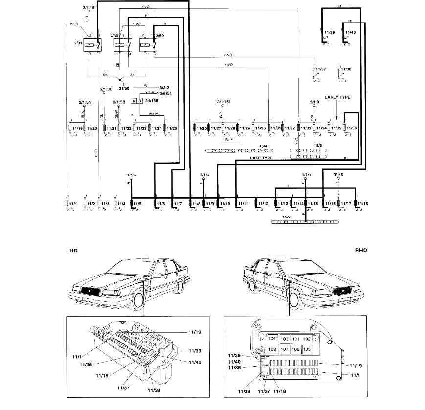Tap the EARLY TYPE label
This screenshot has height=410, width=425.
pos(337,97)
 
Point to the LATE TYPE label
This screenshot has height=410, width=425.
pos(261,158)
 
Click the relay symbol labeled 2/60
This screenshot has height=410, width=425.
pos(147,45)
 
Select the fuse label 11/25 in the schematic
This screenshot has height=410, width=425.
pos(172,128)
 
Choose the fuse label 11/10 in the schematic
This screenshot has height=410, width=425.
pos(225,203)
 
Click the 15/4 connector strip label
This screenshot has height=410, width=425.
pos(263,145)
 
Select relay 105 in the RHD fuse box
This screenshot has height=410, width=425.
pos(307,349)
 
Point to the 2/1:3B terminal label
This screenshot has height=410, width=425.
pos(107,89)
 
